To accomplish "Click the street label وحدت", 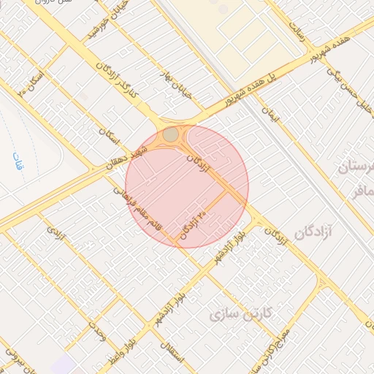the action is point(98,330).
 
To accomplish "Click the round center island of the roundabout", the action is point(170,135).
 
